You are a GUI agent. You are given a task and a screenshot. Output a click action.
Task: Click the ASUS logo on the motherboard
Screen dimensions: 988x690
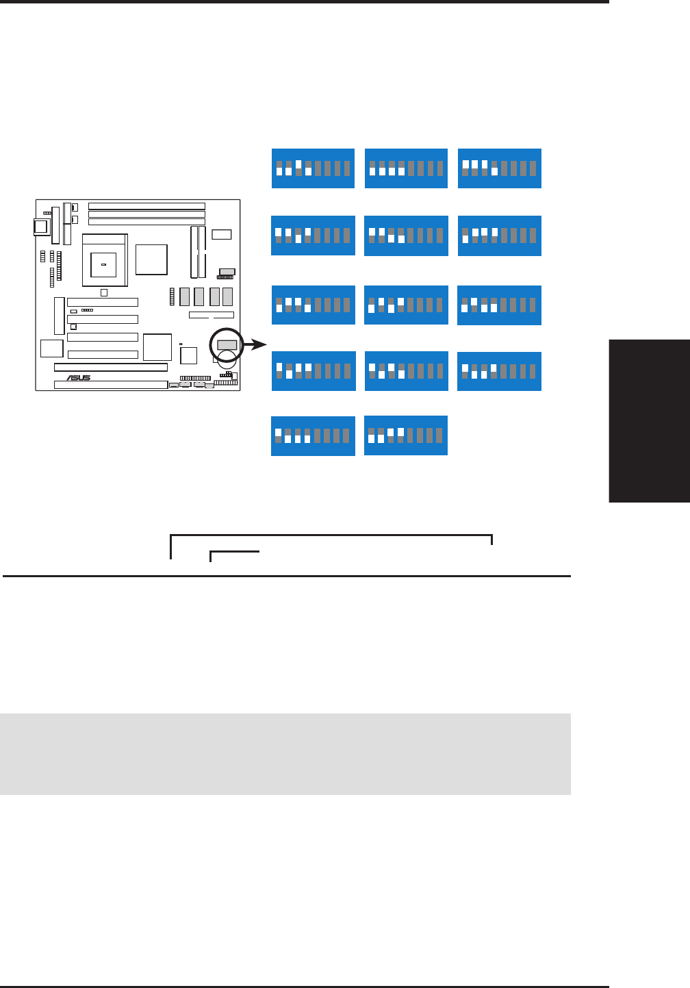pyautogui.click(x=79, y=378)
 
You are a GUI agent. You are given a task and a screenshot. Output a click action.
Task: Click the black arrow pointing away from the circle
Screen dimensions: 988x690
pyautogui.click(x=256, y=344)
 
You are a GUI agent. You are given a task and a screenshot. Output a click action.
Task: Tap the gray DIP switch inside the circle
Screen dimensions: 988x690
pyautogui.click(x=227, y=344)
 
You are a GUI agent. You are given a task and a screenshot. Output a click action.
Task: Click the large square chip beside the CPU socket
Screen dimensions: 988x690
pyautogui.click(x=151, y=259)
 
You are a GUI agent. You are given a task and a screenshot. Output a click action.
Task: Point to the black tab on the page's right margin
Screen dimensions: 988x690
pyautogui.click(x=649, y=420)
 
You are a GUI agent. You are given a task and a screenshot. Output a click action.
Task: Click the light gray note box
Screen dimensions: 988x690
pyautogui.click(x=285, y=754)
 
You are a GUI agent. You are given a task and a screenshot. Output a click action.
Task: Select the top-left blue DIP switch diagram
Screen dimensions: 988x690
pyautogui.click(x=314, y=168)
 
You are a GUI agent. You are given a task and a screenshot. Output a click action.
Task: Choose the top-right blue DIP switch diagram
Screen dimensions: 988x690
pyautogui.click(x=500, y=168)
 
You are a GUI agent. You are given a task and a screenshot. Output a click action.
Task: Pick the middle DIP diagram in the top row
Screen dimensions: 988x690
pyautogui.click(x=407, y=168)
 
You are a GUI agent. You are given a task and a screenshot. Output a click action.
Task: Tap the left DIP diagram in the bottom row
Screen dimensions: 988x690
pyautogui.click(x=314, y=436)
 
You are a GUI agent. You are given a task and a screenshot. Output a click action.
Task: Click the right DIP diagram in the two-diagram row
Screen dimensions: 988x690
pyautogui.click(x=406, y=435)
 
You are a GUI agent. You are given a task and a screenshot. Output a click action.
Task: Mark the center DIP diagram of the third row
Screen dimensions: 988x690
pyautogui.click(x=407, y=305)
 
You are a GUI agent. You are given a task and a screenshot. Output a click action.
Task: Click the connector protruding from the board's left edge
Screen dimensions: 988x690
pyautogui.click(x=41, y=226)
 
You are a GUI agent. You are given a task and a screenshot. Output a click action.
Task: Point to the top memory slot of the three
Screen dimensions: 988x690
pyautogui.click(x=147, y=206)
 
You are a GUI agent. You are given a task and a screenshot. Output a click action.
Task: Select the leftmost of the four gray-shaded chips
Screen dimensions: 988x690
pyautogui.click(x=184, y=296)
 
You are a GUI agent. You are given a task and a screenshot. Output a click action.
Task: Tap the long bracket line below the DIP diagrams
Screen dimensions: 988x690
pyautogui.click(x=331, y=536)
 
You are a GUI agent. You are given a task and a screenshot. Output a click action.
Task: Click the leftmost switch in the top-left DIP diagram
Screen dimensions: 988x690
pyautogui.click(x=279, y=168)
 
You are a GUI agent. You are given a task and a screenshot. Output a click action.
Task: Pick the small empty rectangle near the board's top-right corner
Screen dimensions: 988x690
pyautogui.click(x=222, y=235)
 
